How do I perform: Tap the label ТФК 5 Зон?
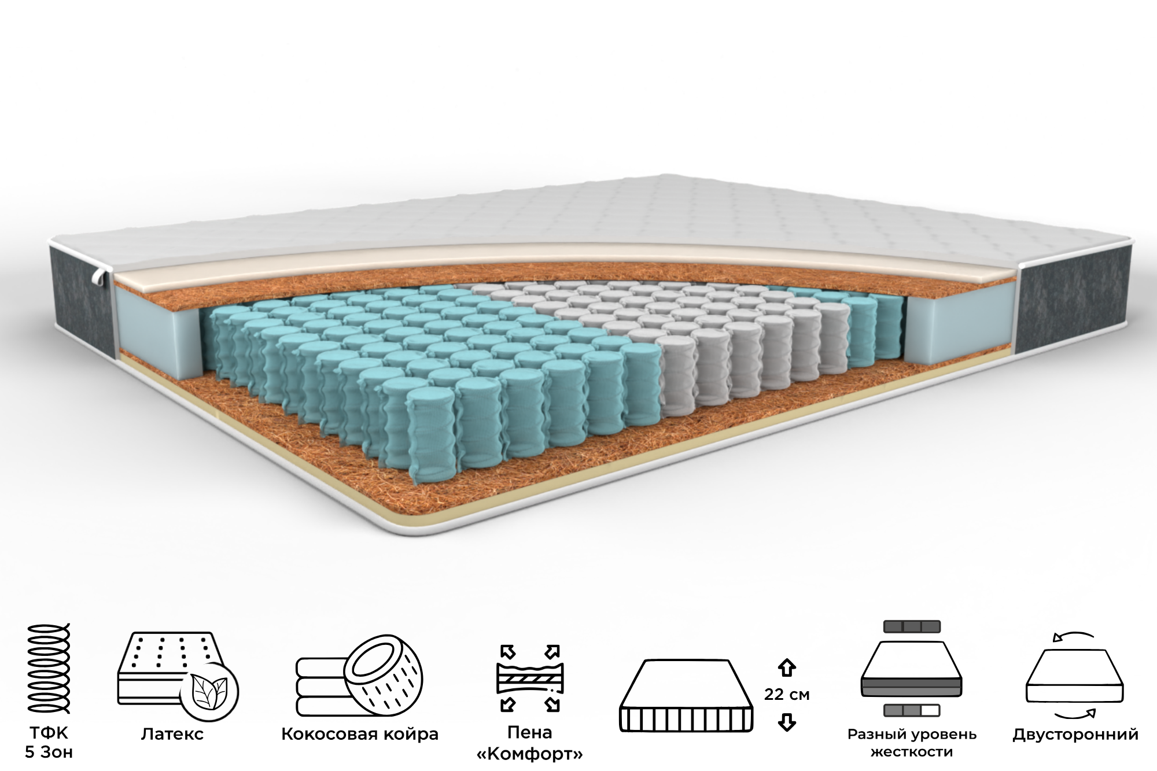click(49, 743)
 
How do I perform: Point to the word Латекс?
click(172, 735)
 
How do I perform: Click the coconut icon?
click(359, 677)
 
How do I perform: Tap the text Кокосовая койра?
click(360, 735)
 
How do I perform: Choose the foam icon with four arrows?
click(530, 678)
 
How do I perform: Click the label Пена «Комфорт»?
click(529, 743)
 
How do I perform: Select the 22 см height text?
click(787, 694)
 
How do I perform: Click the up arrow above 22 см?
click(787, 667)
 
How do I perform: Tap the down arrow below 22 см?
click(787, 722)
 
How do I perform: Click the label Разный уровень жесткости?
click(912, 743)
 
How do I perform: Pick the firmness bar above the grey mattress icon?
click(912, 626)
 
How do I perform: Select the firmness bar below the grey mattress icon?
click(912, 710)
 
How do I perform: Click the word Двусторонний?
click(1075, 735)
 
